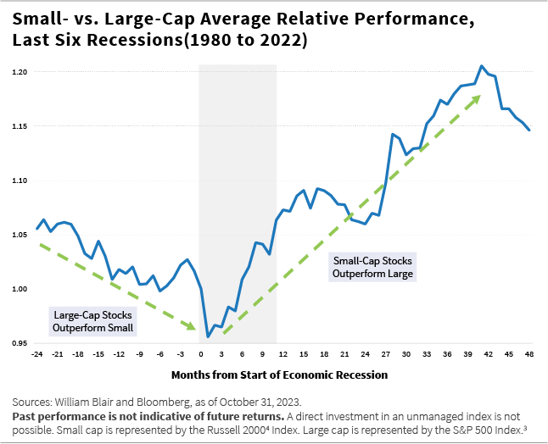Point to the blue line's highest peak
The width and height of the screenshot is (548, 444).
[x=482, y=66]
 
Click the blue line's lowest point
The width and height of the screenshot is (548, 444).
[x=208, y=337]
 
